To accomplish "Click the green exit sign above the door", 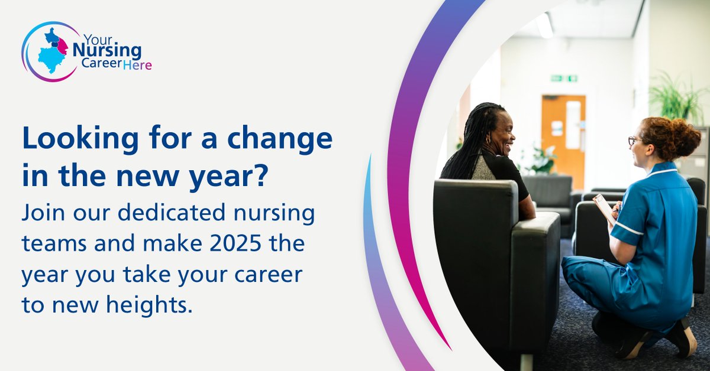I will pos(563,78).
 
